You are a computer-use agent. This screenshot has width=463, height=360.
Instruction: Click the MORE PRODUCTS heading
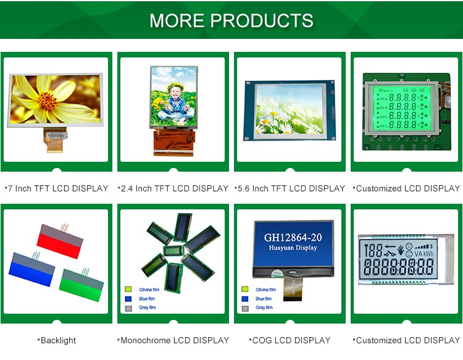231,20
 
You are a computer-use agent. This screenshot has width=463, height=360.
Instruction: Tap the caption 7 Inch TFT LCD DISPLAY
57,188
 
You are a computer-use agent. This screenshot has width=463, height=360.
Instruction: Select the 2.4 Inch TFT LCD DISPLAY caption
174,188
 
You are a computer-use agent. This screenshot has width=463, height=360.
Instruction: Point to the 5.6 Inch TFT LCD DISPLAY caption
291,188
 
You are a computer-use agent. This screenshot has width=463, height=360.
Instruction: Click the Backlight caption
57,340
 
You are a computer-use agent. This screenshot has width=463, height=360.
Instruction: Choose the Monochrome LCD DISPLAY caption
174,340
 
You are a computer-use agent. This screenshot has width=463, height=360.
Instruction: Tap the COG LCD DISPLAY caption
291,340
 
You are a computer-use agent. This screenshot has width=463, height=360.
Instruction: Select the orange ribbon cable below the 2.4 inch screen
173,143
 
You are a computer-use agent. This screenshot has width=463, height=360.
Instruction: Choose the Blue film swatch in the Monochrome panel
128,298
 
